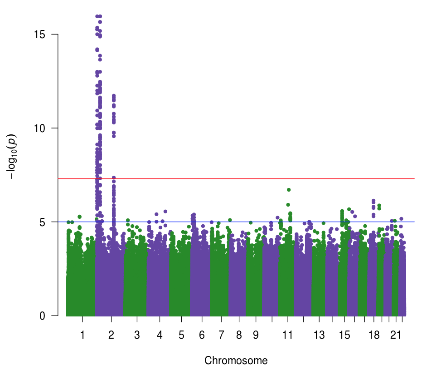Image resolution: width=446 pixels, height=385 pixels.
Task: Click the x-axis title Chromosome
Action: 236,361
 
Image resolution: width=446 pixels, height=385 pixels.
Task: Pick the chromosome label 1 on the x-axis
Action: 82,336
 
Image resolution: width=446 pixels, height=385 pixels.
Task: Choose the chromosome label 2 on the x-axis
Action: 111,336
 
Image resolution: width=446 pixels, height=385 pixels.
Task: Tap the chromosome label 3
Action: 137,336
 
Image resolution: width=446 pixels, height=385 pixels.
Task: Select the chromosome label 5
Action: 181,336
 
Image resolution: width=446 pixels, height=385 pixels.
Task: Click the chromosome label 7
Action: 221,336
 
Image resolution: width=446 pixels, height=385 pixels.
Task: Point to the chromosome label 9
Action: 256,336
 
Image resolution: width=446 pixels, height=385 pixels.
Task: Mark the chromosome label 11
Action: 287,336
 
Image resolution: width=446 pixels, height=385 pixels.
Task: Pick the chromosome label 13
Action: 320,336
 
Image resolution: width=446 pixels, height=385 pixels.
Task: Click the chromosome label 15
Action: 344,336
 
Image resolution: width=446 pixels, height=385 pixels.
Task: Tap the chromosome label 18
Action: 374,336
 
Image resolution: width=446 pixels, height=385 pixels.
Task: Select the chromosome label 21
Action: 396,336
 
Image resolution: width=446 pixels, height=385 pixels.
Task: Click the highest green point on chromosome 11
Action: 288,190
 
